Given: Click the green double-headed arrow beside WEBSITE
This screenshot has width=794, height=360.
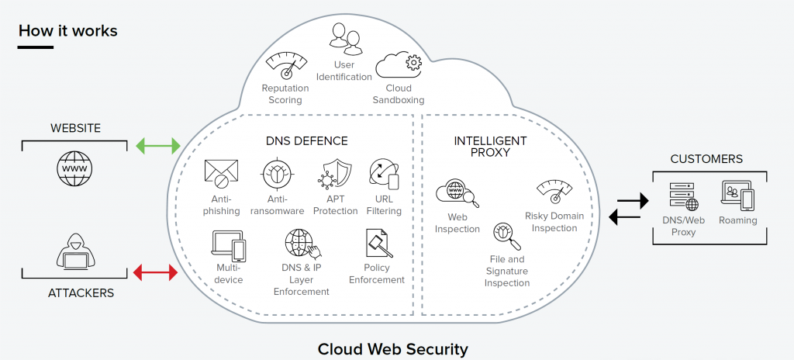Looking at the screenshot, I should [x=158, y=145].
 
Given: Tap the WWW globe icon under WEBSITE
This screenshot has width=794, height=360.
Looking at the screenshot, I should [x=74, y=167].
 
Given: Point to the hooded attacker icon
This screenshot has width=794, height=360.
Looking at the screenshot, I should [x=74, y=250].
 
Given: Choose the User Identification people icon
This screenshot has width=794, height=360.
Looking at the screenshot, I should [x=344, y=40].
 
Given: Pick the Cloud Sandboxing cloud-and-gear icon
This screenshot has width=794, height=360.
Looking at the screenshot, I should [x=398, y=66].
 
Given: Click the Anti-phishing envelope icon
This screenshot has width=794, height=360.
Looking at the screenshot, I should [x=221, y=175].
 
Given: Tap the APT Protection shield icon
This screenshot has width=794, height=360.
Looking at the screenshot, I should [x=334, y=174].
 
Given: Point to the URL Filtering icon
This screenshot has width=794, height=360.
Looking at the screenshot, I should [x=384, y=174].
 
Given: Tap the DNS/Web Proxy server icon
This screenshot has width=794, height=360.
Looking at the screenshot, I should [x=683, y=196].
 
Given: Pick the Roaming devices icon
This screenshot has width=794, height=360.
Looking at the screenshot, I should [x=737, y=196].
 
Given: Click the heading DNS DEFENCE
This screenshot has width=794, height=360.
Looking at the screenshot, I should [x=307, y=141].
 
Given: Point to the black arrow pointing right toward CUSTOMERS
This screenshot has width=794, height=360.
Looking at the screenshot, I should [x=632, y=201].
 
